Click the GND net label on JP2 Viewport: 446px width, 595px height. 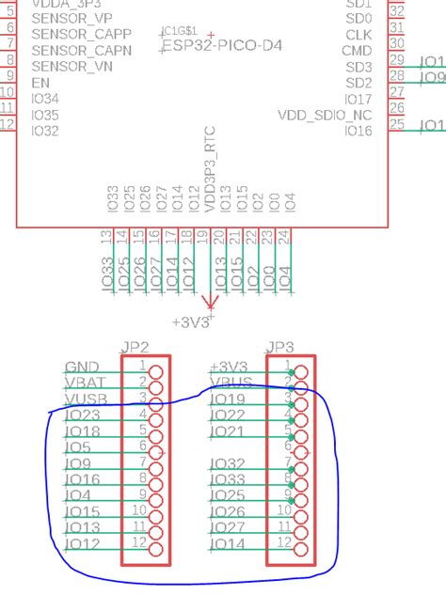[81, 367]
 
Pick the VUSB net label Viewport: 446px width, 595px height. [84, 399]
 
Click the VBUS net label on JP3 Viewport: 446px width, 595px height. [230, 383]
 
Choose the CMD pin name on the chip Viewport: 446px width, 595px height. [357, 51]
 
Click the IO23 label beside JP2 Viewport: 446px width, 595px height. [83, 415]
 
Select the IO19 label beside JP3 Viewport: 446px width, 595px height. [228, 399]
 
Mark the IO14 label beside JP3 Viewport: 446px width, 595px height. [228, 544]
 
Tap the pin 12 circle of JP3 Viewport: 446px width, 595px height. [301, 550]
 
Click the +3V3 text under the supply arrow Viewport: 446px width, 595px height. [191, 321]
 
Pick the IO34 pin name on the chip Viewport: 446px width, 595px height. [45, 99]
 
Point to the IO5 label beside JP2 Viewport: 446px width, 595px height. [78, 447]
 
